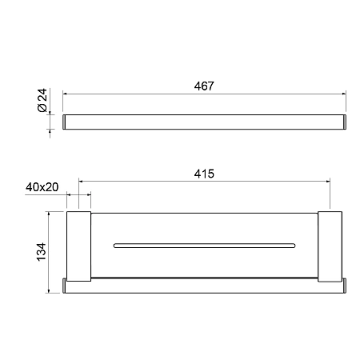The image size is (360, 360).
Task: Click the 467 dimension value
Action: (204, 86)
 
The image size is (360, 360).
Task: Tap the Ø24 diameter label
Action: (42, 100)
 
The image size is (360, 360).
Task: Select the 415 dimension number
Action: (204, 174)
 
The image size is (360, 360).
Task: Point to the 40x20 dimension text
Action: (42, 187)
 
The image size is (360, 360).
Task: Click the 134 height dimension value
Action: (42, 252)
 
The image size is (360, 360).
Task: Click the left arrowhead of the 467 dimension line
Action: (65, 94)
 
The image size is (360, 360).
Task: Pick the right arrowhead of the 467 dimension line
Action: (344, 94)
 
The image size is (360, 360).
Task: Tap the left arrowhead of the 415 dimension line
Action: (81, 182)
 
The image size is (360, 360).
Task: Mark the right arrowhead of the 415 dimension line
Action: (328, 182)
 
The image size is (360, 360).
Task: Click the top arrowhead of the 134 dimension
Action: (49, 214)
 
